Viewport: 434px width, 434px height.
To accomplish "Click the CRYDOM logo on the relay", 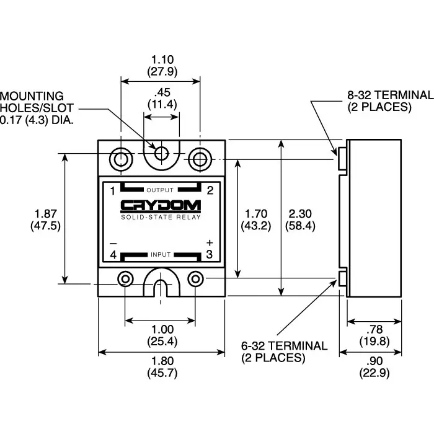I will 161,206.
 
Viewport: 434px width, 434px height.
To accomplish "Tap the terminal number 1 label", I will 112,190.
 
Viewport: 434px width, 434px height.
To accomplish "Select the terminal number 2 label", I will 210,190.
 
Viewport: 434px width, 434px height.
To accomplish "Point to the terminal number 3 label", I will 210,254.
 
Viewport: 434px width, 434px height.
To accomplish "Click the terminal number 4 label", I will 112,254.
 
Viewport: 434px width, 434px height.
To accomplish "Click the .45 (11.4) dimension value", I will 161,98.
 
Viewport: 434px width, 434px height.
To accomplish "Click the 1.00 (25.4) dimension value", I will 161,335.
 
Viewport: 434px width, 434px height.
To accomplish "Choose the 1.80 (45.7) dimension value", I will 161,367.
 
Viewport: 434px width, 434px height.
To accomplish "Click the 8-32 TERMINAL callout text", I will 389,100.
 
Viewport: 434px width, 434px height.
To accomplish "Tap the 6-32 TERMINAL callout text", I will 283,352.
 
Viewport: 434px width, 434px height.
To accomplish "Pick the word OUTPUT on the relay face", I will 161,190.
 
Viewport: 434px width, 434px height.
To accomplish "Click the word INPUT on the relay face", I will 161,255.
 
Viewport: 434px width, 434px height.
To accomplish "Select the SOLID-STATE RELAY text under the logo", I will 161,216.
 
